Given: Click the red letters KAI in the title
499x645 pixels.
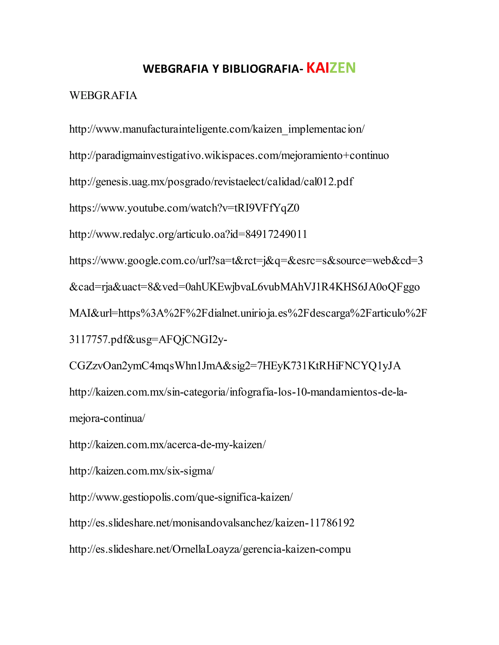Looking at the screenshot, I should tap(317, 68).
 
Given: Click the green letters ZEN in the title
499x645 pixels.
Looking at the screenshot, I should tap(342, 68).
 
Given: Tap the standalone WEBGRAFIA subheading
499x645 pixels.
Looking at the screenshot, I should tap(103, 95).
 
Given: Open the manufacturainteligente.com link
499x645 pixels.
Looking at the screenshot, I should tap(217, 129).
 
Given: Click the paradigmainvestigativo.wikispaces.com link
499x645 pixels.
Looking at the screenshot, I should tap(229, 156).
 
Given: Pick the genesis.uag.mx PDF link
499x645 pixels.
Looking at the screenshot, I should tap(211, 182).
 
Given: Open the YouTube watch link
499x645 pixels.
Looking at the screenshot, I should tap(184, 208).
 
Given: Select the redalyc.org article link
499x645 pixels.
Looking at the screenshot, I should tap(188, 234).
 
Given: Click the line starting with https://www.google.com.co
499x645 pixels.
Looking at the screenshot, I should tap(246, 260).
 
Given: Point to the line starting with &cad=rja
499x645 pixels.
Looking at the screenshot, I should tap(244, 287).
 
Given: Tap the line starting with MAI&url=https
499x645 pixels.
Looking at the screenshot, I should tap(248, 313).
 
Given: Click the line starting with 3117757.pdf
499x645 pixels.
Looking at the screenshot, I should tap(148, 340).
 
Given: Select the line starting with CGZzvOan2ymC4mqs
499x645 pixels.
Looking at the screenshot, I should tap(235, 366).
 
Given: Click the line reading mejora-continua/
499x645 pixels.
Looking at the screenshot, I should tap(107, 418).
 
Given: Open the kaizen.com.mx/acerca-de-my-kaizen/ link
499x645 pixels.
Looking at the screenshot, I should tap(167, 445).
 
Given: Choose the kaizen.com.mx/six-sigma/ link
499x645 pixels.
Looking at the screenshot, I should tap(142, 471).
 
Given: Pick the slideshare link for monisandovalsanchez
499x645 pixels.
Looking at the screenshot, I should tap(212, 523).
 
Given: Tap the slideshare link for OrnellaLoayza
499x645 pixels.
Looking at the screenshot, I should tap(210, 549).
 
